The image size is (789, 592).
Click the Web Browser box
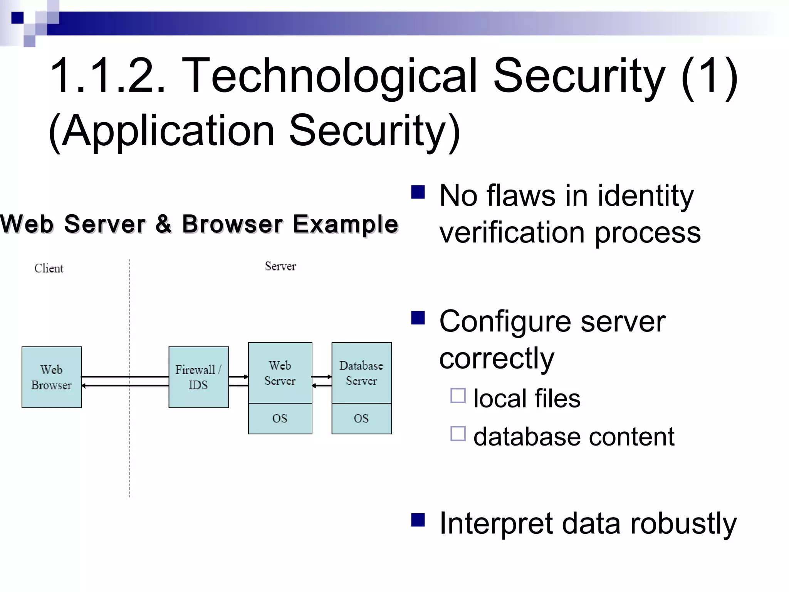click(x=52, y=377)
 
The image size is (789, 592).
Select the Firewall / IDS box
click(x=198, y=377)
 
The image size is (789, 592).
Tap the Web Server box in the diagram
click(x=280, y=372)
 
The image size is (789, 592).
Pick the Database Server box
click(x=361, y=372)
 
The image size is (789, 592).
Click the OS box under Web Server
click(x=280, y=419)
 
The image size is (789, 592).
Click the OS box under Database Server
click(x=361, y=419)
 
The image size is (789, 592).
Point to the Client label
click(x=49, y=268)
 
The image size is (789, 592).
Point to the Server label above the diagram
click(x=280, y=266)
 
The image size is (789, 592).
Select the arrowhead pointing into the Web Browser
click(x=84, y=385)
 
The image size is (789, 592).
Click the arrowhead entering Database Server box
click(x=329, y=377)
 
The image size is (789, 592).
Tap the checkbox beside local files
click(x=458, y=395)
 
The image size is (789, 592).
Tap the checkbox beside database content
click(x=458, y=434)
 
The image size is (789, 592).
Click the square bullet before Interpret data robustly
click(x=418, y=520)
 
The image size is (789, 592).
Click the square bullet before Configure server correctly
click(x=418, y=318)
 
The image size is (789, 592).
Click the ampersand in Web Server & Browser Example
click(x=163, y=224)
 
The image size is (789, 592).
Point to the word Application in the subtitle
click(x=168, y=131)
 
